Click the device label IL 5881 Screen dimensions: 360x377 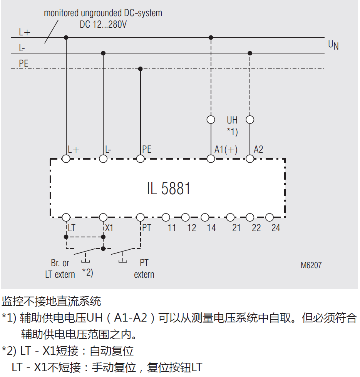(x=169, y=188)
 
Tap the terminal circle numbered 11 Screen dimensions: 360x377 (x=166, y=217)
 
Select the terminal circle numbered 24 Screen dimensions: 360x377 (x=269, y=217)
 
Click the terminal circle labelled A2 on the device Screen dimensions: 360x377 (x=250, y=158)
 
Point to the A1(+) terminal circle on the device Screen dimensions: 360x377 (x=211, y=158)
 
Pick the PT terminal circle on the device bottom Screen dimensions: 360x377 (x=140, y=217)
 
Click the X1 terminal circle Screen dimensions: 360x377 (x=103, y=217)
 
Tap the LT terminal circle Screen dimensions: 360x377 (x=66, y=217)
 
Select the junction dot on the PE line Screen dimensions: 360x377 (x=140, y=69)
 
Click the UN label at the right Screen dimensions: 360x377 (x=333, y=45)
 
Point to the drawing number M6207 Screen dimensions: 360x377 (x=311, y=265)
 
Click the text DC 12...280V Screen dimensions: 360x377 (x=103, y=24)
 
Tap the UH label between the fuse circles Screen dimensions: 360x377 (x=232, y=120)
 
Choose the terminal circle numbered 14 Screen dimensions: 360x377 (x=205, y=217)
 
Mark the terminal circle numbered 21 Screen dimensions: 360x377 (x=230, y=217)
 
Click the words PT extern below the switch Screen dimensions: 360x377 (x=144, y=269)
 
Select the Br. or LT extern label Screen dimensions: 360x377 (x=60, y=269)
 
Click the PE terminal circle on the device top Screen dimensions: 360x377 (x=140, y=158)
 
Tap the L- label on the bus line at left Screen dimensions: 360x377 (x=22, y=48)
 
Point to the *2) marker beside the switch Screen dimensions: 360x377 (x=88, y=273)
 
